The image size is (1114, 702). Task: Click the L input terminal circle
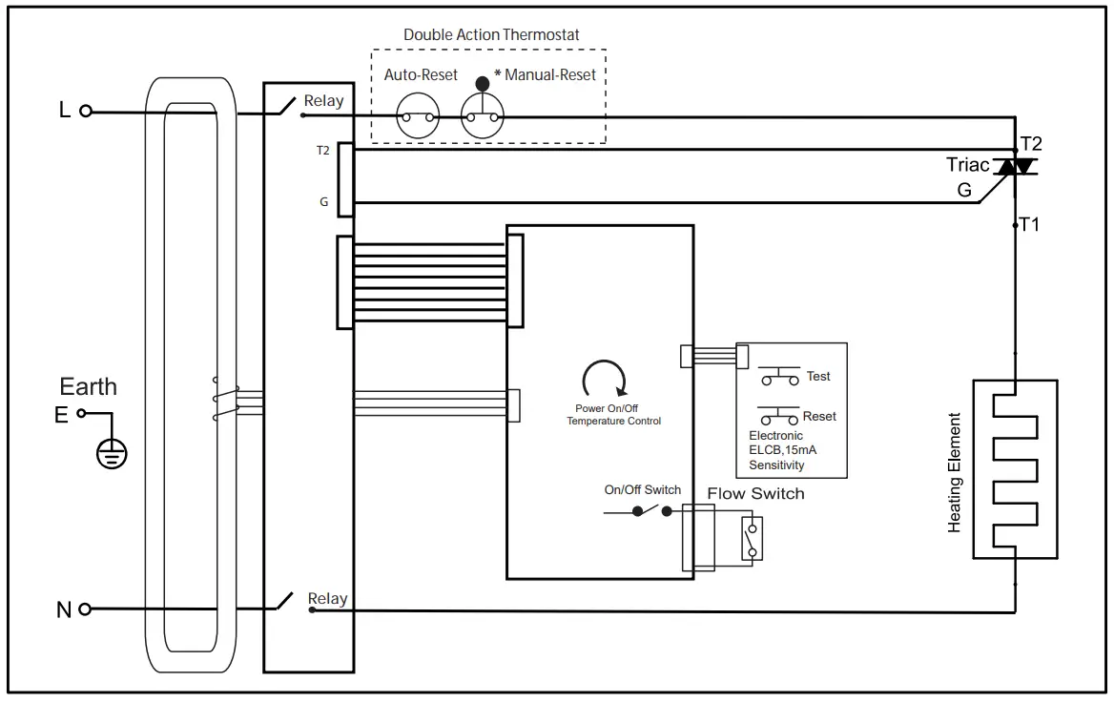click(86, 111)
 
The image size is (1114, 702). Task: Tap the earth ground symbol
click(112, 453)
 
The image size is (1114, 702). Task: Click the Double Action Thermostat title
click(490, 34)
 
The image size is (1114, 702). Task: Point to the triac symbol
click(1015, 167)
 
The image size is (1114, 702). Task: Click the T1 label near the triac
click(1030, 225)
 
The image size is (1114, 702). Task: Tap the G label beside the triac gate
click(964, 191)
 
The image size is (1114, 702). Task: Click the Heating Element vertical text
click(955, 472)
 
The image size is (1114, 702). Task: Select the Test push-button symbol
click(780, 377)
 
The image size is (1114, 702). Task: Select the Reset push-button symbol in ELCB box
click(779, 417)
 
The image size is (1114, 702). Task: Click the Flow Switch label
click(755, 493)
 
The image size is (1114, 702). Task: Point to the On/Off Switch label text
click(643, 489)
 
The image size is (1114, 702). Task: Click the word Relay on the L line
click(323, 101)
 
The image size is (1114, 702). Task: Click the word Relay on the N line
click(327, 599)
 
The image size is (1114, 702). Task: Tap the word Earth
click(89, 386)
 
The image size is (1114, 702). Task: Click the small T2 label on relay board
click(322, 151)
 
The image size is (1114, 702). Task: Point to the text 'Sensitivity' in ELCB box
click(776, 465)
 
